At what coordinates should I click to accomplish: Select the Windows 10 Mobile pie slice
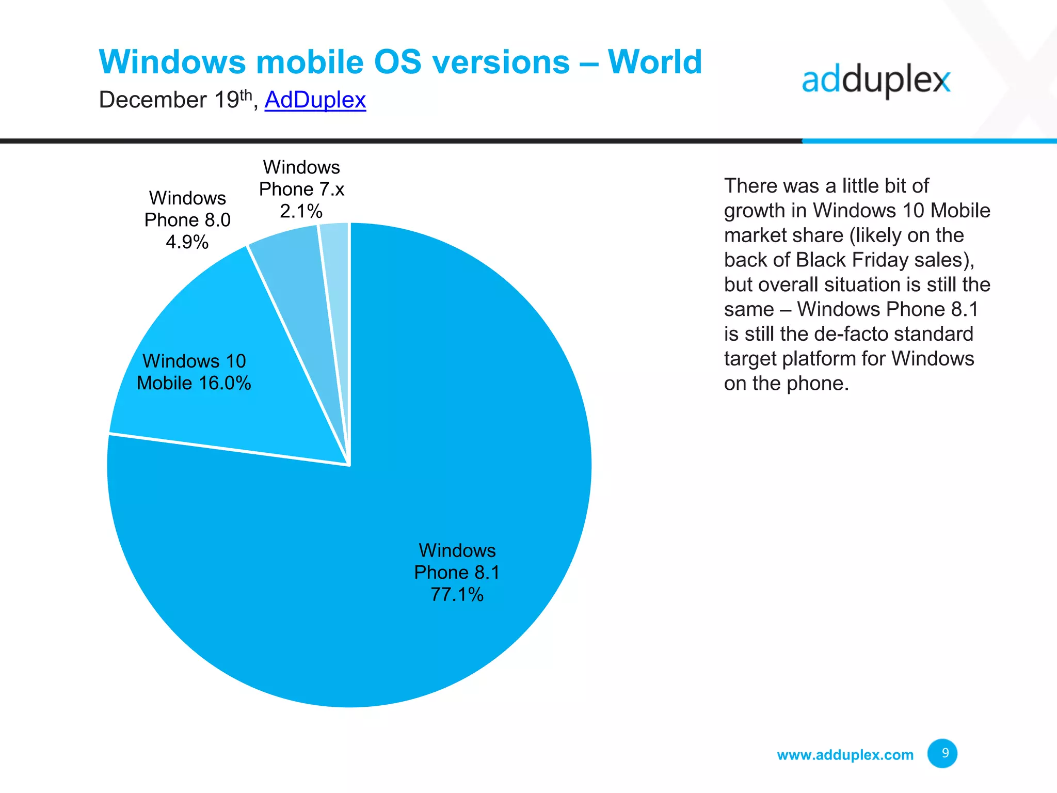(x=217, y=413)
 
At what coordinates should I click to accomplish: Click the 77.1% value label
(x=457, y=595)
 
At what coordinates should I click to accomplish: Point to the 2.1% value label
(x=301, y=211)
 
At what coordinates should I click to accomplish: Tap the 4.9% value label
(x=187, y=242)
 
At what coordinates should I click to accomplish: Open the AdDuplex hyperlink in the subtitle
(x=315, y=100)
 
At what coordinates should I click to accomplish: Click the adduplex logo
(x=876, y=81)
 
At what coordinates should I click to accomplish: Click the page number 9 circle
(x=942, y=753)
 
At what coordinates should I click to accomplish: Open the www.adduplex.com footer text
(x=845, y=755)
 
